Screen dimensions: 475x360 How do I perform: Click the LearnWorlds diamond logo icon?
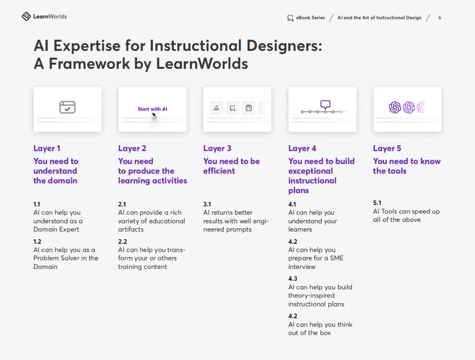coord(26,16)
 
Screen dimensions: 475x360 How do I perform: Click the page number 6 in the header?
coord(440,18)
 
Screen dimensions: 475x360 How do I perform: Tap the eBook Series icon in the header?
coord(290,18)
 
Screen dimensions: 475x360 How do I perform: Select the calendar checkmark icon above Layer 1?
coord(67,107)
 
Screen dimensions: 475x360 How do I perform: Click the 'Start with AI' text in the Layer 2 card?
coord(152,109)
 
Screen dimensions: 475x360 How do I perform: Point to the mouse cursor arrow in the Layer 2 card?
coord(154,115)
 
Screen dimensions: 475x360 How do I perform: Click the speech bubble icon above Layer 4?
coord(325,104)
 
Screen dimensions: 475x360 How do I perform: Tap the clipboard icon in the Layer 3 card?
coord(249,108)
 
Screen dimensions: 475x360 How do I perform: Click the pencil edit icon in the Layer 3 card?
coord(216,108)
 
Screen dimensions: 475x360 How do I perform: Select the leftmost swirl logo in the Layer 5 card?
coord(395,107)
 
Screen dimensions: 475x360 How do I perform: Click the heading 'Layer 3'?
coord(217,149)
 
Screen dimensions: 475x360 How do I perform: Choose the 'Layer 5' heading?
coord(387,149)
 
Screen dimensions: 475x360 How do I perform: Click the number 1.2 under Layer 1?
coord(37,242)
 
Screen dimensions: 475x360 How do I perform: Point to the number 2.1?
coord(122,204)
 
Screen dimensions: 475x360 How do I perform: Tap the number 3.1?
coord(207,204)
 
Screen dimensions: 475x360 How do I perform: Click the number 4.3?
coord(293,279)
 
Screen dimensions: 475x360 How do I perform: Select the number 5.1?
coord(377,203)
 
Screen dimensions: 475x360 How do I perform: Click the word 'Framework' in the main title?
coord(89,64)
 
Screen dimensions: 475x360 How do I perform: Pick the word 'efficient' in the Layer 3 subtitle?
coord(219,171)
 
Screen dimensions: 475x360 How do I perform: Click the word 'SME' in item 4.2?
coord(337,258)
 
